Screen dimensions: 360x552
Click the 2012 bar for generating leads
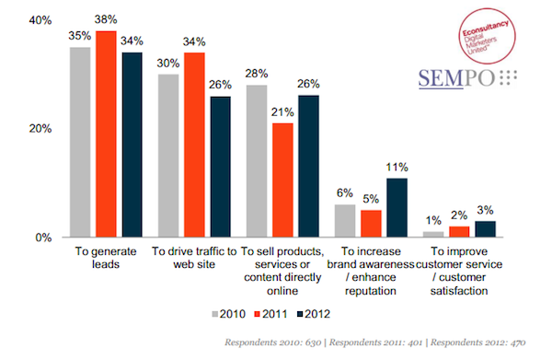coord(132,145)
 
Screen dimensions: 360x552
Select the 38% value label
coord(107,20)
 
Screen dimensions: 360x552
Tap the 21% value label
coord(258,111)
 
